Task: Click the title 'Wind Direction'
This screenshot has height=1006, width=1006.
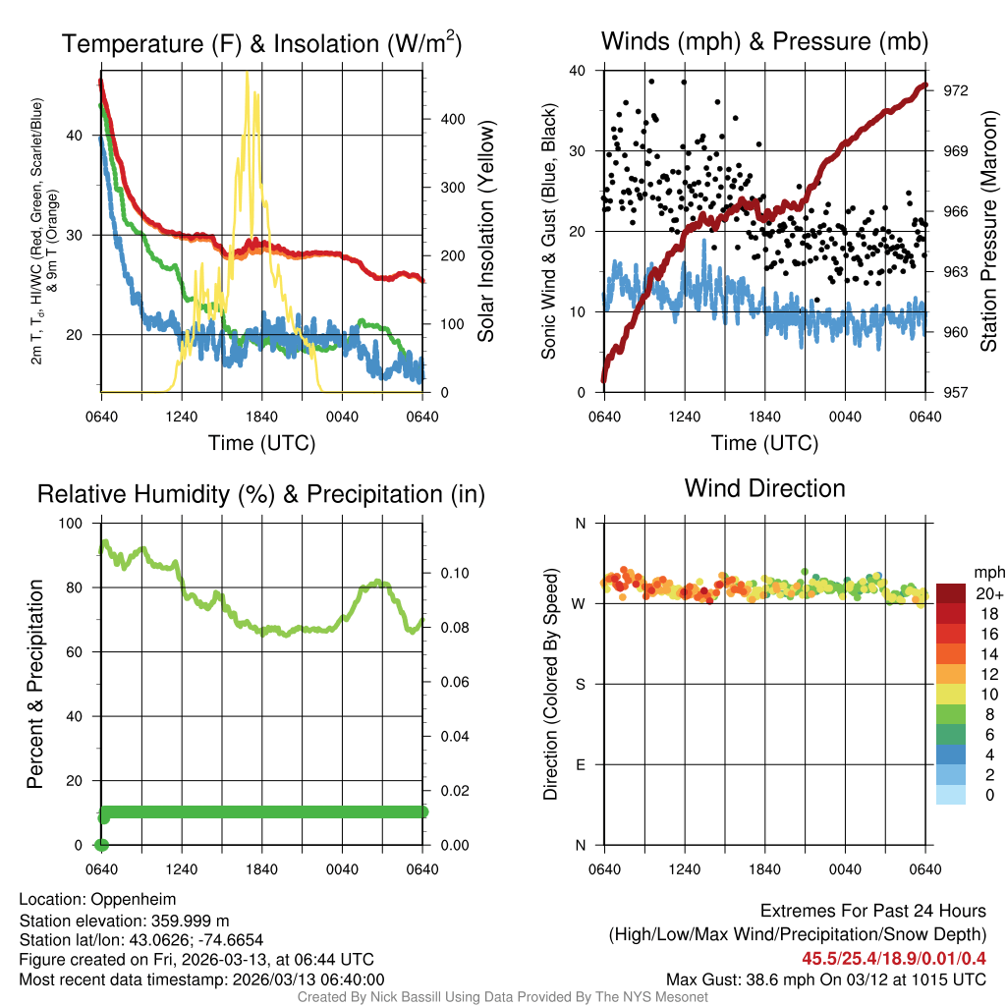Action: (764, 488)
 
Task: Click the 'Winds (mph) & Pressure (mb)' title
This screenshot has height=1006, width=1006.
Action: (764, 41)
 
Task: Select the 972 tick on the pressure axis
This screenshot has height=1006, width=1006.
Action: (956, 90)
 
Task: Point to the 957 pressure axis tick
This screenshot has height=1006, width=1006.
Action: (956, 392)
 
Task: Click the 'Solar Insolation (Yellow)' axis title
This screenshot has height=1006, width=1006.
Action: (486, 232)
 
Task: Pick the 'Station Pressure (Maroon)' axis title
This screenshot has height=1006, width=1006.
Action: (988, 232)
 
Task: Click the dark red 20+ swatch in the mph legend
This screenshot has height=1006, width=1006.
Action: (950, 593)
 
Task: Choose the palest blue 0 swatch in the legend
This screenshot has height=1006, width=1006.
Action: (950, 795)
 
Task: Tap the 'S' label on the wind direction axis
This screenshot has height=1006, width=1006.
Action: (580, 684)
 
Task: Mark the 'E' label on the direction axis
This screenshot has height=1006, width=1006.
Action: (580, 764)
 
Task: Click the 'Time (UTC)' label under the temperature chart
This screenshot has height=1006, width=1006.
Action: (261, 443)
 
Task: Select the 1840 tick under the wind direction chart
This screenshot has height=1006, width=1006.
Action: (765, 869)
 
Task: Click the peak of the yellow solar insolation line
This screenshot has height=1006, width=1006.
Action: (247, 73)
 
